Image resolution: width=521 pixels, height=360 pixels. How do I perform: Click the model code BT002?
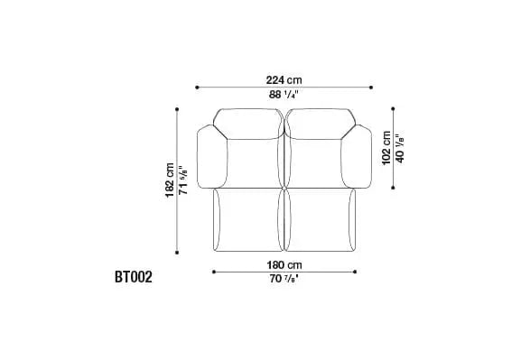[x=134, y=277]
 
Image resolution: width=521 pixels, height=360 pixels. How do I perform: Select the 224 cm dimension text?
[x=284, y=80]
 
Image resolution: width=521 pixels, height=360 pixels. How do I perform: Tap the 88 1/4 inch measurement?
[x=284, y=95]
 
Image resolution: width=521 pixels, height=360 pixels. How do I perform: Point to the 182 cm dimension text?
[x=170, y=180]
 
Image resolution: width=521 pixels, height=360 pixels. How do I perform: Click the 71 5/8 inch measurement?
[x=183, y=180]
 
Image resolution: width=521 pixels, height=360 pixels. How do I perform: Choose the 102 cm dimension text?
[x=386, y=148]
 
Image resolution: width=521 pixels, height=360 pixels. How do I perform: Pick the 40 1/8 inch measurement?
[x=400, y=149]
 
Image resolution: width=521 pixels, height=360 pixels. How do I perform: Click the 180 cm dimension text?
[x=284, y=265]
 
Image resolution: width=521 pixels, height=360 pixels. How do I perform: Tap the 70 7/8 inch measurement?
[x=284, y=279]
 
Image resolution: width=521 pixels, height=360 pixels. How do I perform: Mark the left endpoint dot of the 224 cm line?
[x=197, y=88]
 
